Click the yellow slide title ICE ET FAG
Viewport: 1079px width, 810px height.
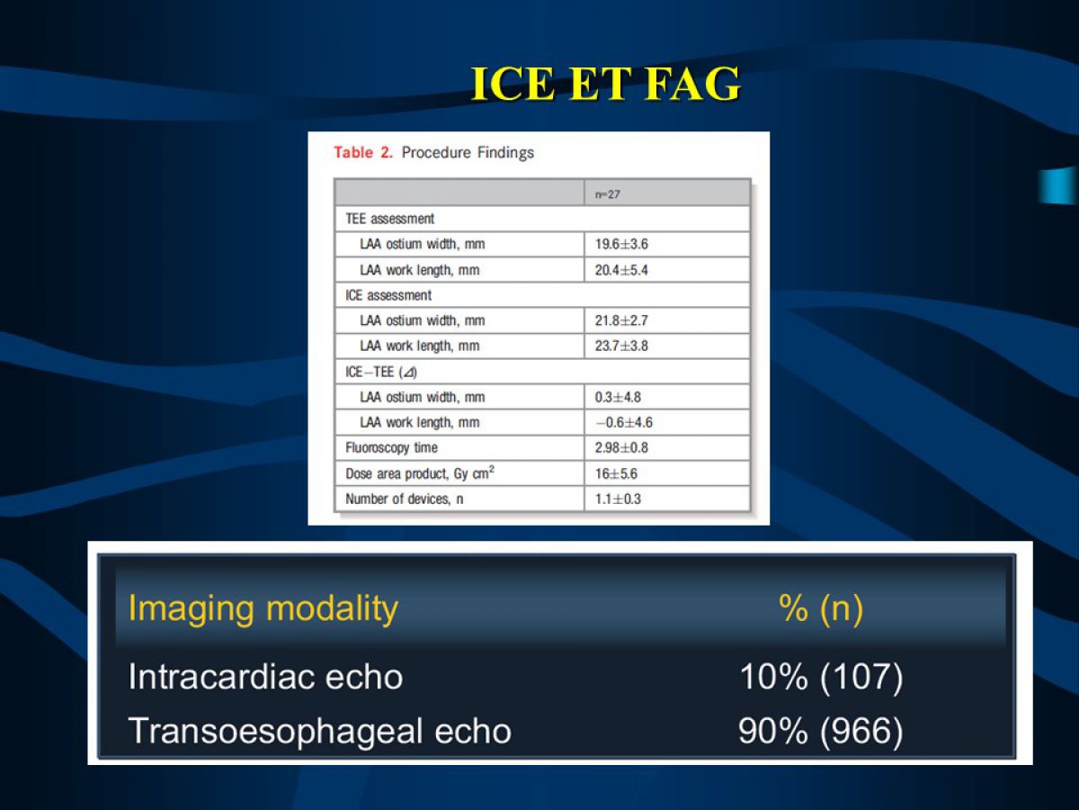pos(606,84)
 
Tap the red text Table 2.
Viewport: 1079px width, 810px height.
pos(363,152)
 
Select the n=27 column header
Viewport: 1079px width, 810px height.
pos(608,194)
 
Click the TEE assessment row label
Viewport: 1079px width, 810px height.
pos(390,219)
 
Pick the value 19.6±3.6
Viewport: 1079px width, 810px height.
pos(621,244)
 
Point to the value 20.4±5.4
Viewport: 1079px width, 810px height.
pos(621,270)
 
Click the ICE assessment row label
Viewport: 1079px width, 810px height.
pos(388,295)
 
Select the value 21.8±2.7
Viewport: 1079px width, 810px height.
pos(621,320)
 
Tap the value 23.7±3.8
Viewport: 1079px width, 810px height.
pos(621,346)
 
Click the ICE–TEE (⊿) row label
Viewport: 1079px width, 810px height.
pos(381,372)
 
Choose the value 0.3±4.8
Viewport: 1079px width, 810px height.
pos(618,397)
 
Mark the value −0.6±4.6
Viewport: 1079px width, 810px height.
pos(624,422)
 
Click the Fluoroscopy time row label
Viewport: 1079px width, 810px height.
pos(391,447)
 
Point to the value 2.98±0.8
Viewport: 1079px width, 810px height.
pos(621,447)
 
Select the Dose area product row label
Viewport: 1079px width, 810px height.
pos(420,472)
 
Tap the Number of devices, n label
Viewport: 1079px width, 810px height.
pos(404,499)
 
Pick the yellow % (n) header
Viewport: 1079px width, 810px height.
pos(821,609)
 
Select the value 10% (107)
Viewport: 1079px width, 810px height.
pos(821,677)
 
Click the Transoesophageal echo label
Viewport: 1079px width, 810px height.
pos(319,732)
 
